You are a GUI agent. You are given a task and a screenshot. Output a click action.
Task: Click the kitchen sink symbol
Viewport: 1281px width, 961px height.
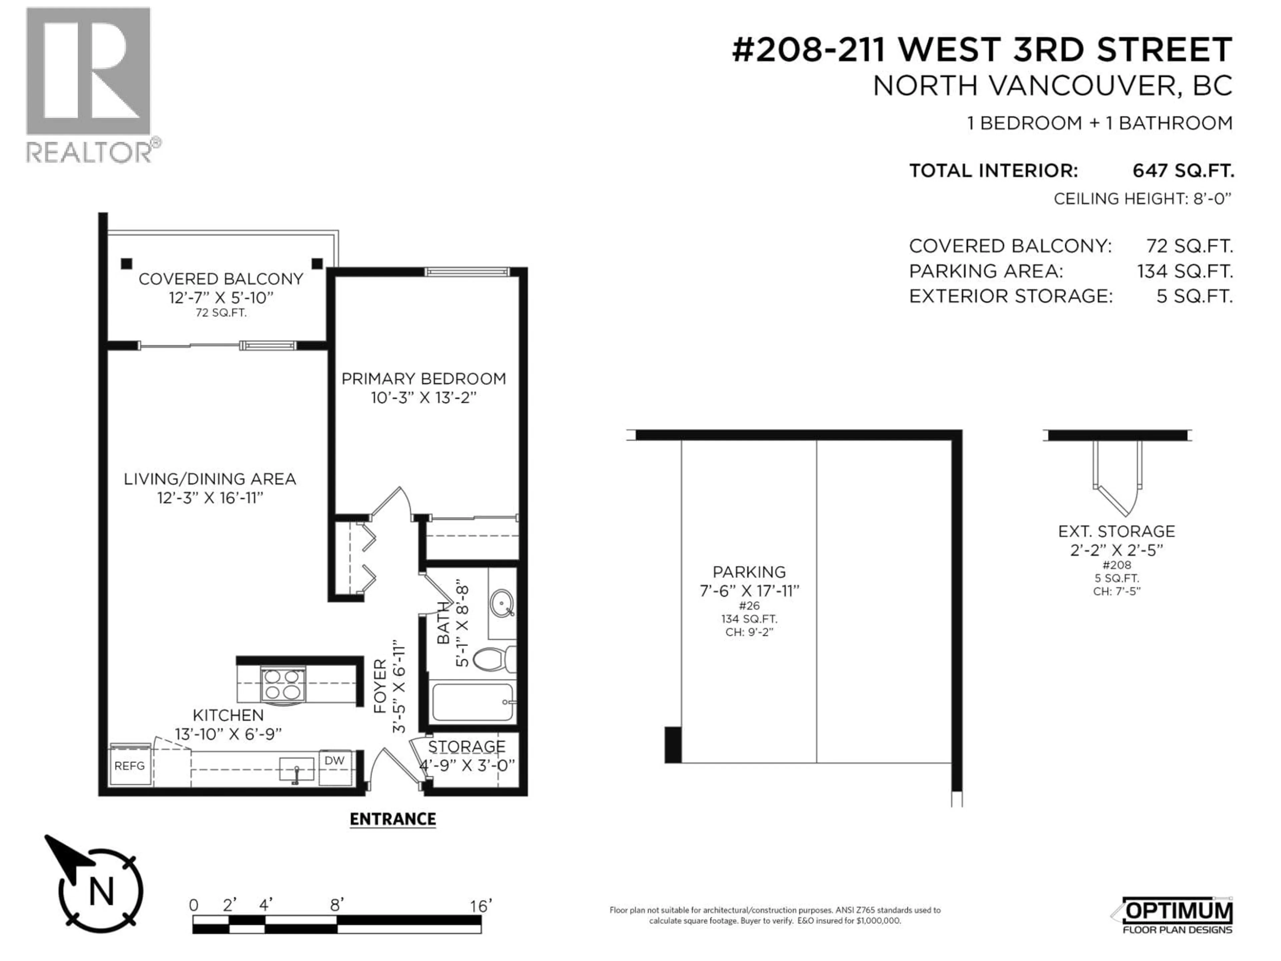click(296, 770)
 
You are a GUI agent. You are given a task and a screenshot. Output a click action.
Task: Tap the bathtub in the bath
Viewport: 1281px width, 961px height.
click(472, 702)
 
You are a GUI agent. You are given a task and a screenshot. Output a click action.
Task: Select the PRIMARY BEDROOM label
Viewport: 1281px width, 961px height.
click(423, 378)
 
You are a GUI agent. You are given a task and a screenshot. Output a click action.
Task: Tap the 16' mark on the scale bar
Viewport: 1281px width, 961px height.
click(480, 905)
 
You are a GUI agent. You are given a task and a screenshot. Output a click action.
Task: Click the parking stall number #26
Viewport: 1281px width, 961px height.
click(749, 605)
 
